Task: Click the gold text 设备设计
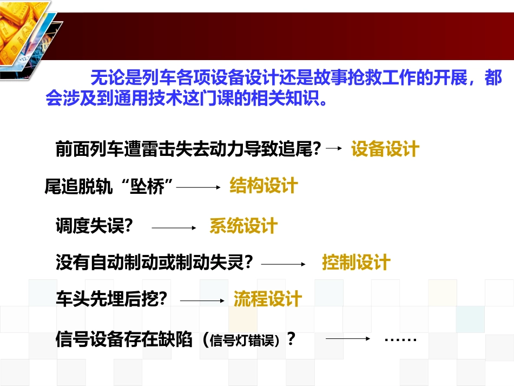pos(385,149)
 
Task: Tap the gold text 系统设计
pos(243,226)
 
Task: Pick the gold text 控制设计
pos(356,263)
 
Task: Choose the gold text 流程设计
pos(267,298)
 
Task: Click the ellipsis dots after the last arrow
pos(400,340)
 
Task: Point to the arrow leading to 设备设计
pos(335,148)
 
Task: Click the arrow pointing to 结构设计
pos(199,187)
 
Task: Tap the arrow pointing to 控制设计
pos(284,264)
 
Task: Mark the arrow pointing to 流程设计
pos(201,300)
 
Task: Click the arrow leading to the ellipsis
pos(347,339)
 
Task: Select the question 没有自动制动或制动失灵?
pos(155,263)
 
